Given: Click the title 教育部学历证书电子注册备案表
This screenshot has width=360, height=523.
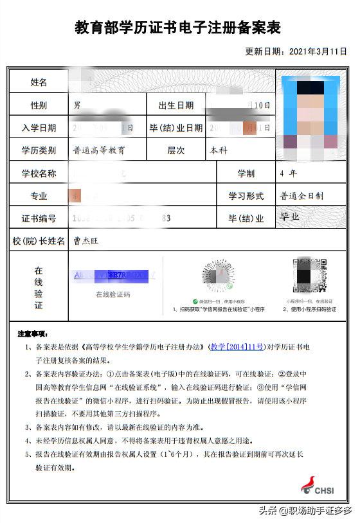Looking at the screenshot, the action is (x=178, y=28).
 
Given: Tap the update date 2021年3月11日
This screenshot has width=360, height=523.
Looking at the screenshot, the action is (x=296, y=51).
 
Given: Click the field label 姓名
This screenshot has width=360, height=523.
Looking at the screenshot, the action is (x=39, y=82).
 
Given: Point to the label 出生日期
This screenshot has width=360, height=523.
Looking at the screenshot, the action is (x=171, y=105).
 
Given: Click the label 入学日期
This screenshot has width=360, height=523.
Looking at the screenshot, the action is (x=39, y=128).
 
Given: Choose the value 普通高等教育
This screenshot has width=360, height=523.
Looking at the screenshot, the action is (x=99, y=151).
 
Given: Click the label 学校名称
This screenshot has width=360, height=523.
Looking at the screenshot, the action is (x=39, y=173).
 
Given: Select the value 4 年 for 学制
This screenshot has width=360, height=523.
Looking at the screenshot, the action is (x=288, y=173).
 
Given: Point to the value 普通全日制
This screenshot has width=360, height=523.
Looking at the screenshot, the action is (x=301, y=196).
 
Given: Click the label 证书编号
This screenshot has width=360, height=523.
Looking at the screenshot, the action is (x=39, y=218).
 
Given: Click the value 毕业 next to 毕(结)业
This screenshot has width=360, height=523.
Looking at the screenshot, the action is (x=289, y=217).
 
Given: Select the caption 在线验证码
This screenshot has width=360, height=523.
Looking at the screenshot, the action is (x=113, y=294).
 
